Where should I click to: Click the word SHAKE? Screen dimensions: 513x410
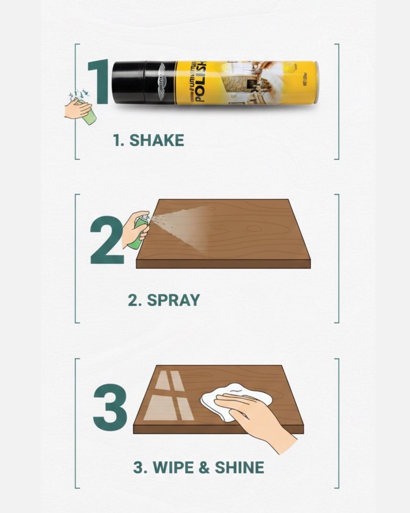[156, 141]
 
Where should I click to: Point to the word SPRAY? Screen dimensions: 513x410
[173, 300]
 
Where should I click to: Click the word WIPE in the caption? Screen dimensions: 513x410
[173, 467]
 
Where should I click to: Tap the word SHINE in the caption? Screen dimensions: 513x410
[239, 467]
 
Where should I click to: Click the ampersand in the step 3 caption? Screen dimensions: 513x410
[204, 468]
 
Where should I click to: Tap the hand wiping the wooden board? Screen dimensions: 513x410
[258, 418]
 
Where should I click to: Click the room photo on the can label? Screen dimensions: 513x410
[247, 83]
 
